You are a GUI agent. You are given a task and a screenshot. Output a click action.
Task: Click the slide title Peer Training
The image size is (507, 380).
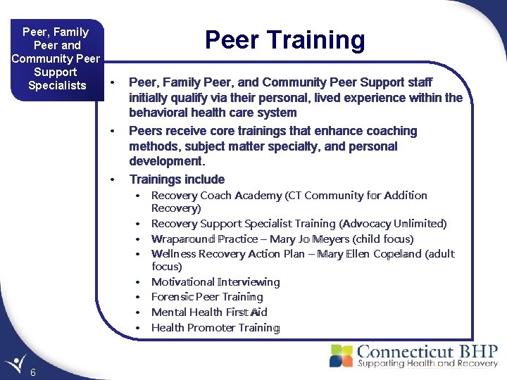click(284, 40)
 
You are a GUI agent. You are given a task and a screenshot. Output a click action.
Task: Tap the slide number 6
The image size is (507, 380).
click(34, 372)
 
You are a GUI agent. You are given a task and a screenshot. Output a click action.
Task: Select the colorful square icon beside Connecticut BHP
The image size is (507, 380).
click(342, 355)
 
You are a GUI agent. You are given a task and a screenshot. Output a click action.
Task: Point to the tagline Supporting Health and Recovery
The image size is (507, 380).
click(427, 364)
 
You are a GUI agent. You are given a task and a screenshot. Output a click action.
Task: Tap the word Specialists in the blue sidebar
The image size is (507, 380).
click(56, 86)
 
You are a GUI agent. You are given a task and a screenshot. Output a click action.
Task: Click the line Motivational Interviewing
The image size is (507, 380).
click(215, 282)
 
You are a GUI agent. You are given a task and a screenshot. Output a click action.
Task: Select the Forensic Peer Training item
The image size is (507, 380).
click(207, 297)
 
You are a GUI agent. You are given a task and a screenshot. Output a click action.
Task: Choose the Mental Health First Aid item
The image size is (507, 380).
click(209, 312)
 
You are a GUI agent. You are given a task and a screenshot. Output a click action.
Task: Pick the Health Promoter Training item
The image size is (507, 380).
click(215, 328)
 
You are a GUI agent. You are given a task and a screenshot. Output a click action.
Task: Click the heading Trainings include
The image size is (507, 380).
click(177, 179)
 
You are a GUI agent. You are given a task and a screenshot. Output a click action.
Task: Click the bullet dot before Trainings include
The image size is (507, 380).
click(112, 180)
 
